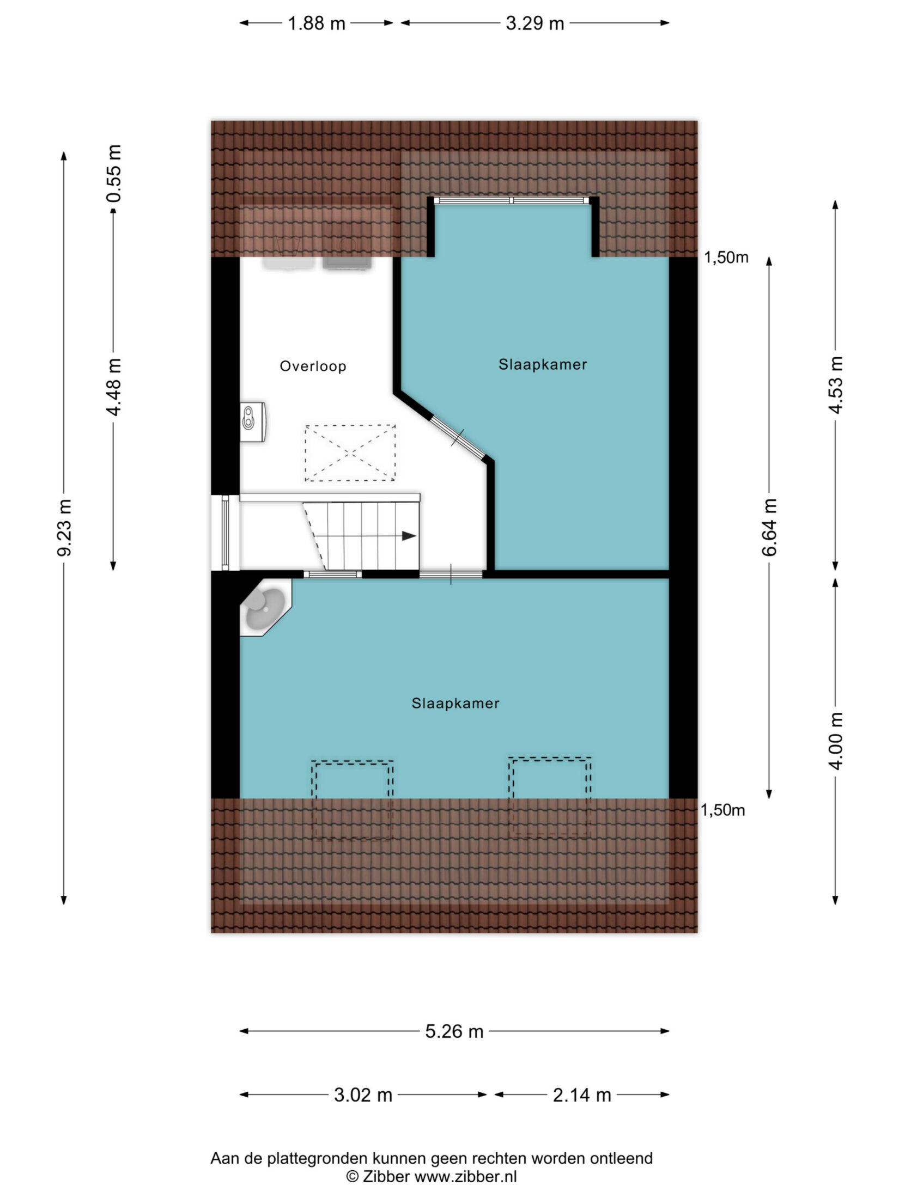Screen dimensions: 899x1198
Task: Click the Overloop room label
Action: tap(313, 366)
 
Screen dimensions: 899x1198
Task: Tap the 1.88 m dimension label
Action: tap(317, 23)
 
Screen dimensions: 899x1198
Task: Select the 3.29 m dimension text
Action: tap(534, 23)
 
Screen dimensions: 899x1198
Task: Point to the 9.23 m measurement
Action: tap(64, 527)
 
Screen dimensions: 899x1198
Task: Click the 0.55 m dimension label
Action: tap(114, 173)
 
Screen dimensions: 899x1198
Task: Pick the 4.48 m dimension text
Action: tap(114, 387)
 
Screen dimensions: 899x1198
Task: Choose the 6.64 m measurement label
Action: tap(769, 527)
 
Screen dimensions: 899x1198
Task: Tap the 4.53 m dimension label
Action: tap(836, 384)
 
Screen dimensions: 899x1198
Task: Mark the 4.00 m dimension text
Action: tap(836, 741)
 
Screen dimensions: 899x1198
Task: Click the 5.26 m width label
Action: tap(454, 1031)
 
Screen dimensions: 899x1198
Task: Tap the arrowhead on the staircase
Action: tap(409, 536)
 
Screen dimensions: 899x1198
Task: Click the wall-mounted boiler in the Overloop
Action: tap(252, 421)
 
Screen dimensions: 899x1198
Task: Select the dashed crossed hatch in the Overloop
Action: tap(350, 453)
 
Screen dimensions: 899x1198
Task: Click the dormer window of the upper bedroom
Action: tap(513, 200)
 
